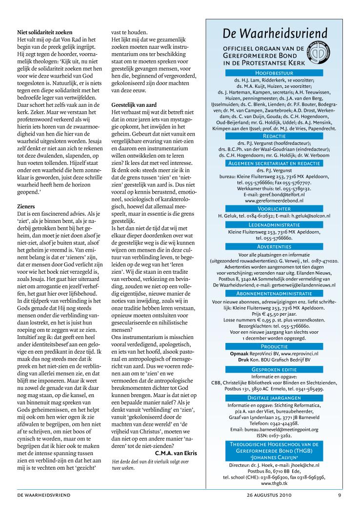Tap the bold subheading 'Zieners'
(x=26, y=207)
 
